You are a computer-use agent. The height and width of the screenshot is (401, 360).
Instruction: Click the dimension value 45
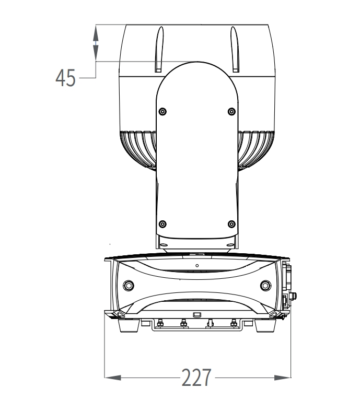pos(65,78)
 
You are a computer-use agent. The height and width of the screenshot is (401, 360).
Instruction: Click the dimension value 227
pos(196,377)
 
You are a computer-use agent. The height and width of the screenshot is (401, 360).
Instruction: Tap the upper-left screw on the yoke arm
pos(162,112)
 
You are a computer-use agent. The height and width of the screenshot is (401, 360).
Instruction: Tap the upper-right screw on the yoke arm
pos(231,112)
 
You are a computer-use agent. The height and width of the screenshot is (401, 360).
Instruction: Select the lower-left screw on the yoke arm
pos(162,224)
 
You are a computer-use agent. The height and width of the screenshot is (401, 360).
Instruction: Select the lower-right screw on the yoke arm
pos(231,224)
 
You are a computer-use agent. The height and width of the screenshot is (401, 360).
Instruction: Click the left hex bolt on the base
pos(129,286)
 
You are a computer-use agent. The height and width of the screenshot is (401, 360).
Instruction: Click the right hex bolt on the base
pos(265,286)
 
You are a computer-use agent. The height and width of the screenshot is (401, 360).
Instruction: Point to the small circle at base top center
pos(197,265)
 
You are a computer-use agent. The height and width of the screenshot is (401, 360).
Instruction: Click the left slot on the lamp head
pos(159,49)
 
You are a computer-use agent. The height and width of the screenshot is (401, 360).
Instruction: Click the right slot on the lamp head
pos(235,49)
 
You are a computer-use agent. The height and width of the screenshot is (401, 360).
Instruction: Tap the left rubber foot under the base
pos(129,325)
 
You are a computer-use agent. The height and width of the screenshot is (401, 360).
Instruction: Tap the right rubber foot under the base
pos(265,325)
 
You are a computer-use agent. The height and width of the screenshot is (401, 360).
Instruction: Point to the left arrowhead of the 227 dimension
pos(112,378)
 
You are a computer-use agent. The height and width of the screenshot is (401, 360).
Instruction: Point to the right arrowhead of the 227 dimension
pos(283,378)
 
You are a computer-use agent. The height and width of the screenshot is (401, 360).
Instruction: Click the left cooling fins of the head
pos(137,149)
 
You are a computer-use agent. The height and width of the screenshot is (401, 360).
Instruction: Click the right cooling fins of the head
pos(256,149)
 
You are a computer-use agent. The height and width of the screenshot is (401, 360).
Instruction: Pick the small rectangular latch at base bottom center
pos(197,314)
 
